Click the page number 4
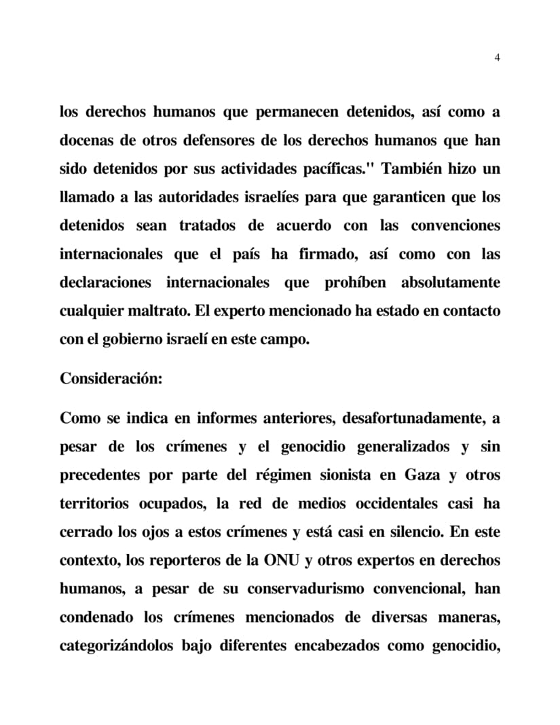tap(498, 58)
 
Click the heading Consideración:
tap(111, 378)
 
